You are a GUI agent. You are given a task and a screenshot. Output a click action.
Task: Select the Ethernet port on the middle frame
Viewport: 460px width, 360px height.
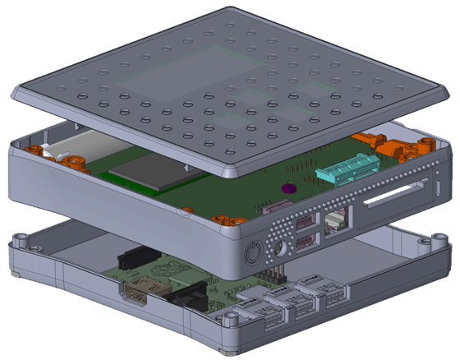pyautogui.click(x=336, y=219)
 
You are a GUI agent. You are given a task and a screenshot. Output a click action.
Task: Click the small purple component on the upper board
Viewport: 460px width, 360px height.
pyautogui.click(x=287, y=188)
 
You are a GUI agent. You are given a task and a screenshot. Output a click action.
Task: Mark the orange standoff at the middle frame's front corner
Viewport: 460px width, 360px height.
pyautogui.click(x=221, y=220)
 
